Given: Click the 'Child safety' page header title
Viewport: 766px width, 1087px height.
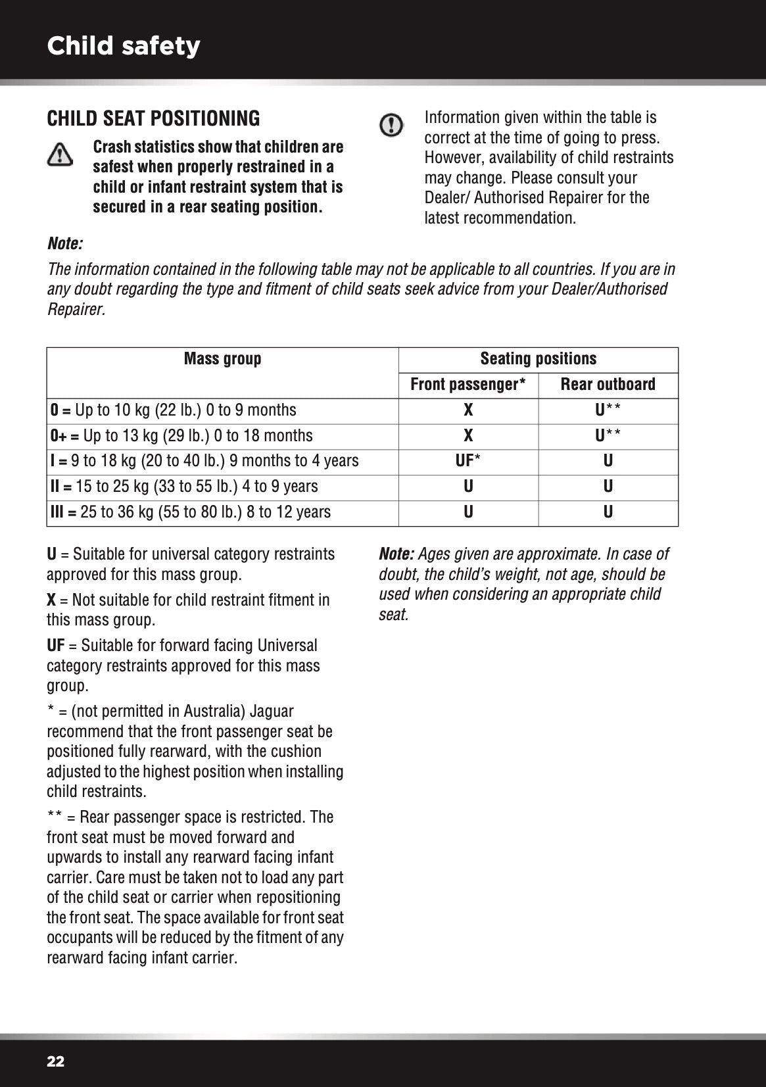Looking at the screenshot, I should pos(124,46).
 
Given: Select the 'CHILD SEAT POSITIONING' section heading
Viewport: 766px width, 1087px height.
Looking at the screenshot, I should pos(153,119).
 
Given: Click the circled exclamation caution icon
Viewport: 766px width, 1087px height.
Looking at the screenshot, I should pos(392,124).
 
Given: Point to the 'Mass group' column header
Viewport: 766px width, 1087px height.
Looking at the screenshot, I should pos(222,359).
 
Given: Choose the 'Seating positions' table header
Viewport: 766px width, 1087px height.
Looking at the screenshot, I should pos(538,359).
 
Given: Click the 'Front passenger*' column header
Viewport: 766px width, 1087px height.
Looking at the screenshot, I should pos(467,385).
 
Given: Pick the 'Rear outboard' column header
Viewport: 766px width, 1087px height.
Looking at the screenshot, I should pos(608,385).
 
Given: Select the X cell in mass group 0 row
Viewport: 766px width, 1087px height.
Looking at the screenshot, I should pos(468,410).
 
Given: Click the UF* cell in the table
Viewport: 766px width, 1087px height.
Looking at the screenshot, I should pos(467,462).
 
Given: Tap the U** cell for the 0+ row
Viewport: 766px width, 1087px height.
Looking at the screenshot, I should pos(608,436).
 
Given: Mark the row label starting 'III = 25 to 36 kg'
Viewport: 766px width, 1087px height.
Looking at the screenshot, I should pos(191,512).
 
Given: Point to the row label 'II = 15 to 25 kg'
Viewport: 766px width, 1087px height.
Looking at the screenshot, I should pos(184,487).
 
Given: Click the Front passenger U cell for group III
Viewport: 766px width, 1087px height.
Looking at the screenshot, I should pos(468,512).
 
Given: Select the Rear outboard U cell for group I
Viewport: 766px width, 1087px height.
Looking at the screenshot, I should pos(608,462).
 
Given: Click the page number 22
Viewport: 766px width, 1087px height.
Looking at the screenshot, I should pos(56,1061).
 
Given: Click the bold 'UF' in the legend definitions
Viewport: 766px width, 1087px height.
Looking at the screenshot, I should pos(55,646).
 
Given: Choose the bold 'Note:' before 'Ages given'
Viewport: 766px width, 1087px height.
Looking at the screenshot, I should pos(396,554).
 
